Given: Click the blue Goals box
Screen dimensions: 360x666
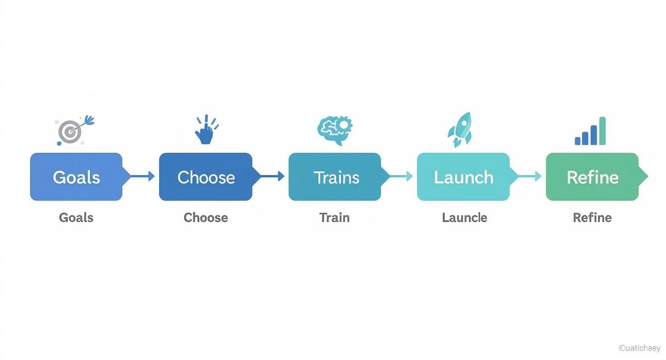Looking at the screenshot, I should [76, 177].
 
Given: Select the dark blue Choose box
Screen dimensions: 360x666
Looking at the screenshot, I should [206, 177].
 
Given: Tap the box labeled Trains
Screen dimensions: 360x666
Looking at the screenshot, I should [335, 177].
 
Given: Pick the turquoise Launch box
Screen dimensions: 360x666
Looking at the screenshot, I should [463, 177].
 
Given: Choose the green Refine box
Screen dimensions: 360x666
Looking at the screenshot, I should [592, 177].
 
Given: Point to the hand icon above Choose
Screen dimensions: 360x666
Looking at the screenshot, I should [206, 130].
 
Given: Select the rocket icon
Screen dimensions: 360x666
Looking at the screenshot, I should [460, 129].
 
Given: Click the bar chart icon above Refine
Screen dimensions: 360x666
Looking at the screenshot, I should [590, 132].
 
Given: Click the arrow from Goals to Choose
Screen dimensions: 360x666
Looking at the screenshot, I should [142, 176].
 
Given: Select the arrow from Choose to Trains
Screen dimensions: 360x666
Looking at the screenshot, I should [271, 176].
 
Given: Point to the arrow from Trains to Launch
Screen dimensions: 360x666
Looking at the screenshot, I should [400, 176].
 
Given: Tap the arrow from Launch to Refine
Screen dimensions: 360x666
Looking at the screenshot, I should [529, 176].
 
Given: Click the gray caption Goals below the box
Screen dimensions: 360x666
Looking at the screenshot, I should [76, 217].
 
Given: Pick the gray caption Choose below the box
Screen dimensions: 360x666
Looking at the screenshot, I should [206, 217].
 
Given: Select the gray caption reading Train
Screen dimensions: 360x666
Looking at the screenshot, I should [334, 217].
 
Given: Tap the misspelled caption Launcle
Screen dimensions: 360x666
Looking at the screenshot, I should [464, 217].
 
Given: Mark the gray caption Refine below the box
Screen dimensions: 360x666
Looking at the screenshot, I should [592, 217].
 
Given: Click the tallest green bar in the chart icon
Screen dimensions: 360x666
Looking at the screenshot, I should [602, 131].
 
